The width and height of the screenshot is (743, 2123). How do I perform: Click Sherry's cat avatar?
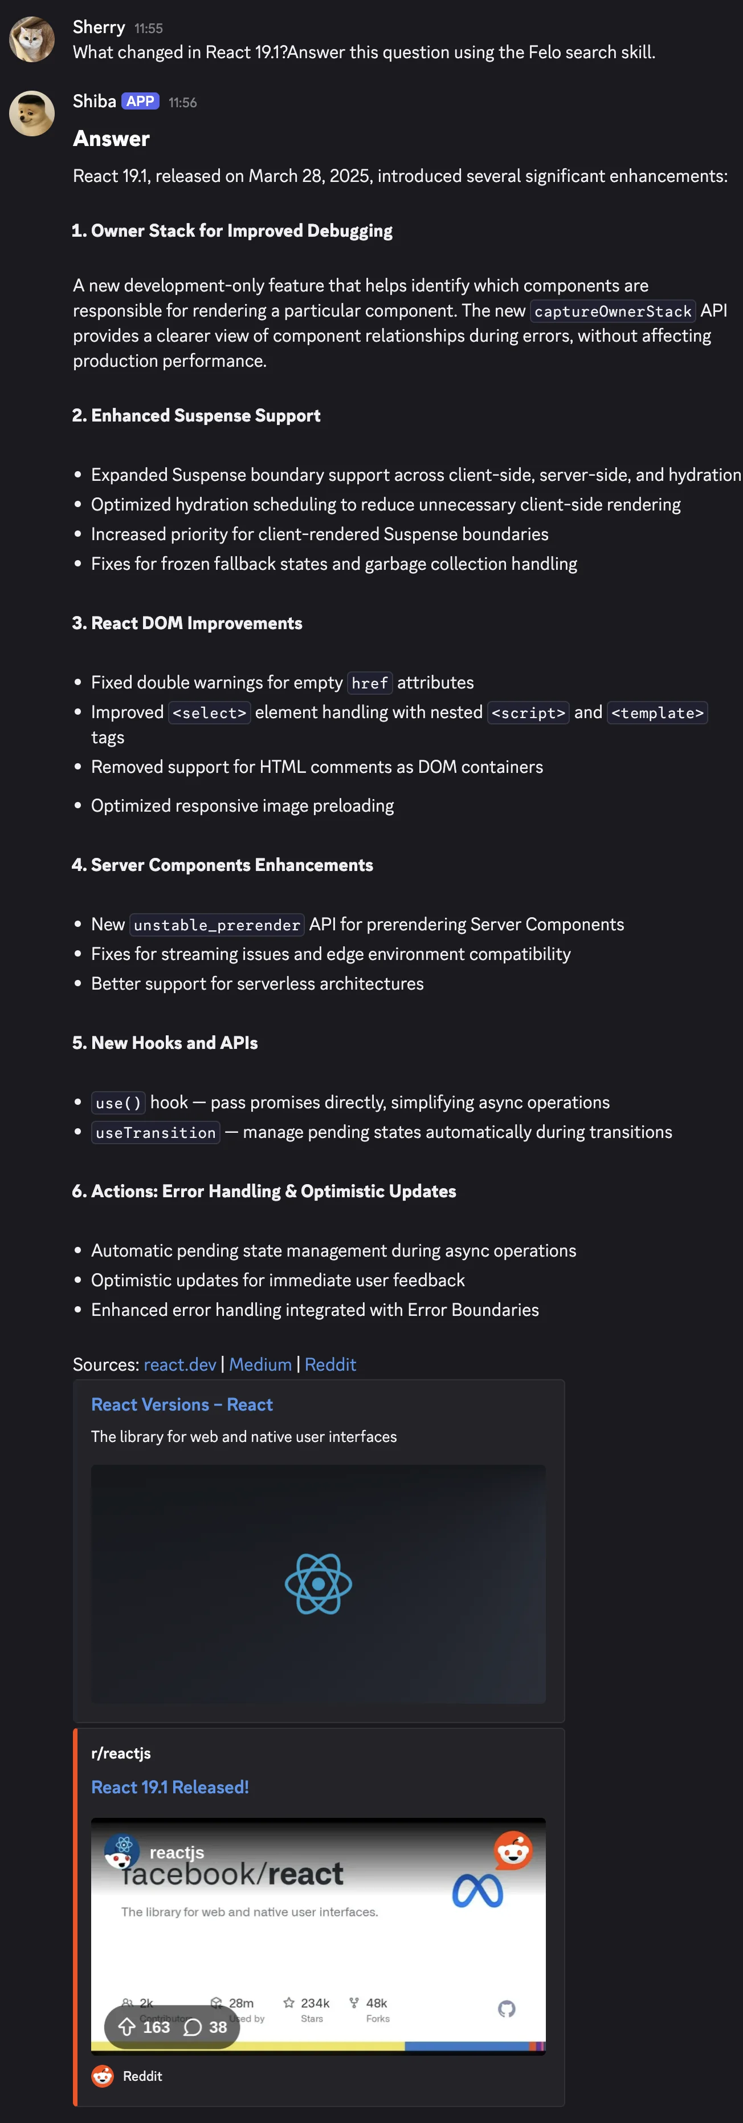click(x=31, y=39)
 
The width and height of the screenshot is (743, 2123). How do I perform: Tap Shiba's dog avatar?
click(x=31, y=113)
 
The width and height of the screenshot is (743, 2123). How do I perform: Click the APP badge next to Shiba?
click(x=140, y=102)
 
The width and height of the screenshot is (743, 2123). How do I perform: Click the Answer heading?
click(x=111, y=139)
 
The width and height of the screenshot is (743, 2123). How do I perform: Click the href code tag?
click(x=369, y=682)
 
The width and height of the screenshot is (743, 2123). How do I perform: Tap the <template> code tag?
click(x=658, y=712)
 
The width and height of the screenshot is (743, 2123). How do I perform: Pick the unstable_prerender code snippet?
click(x=217, y=925)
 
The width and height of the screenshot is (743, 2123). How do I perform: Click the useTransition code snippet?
click(x=156, y=1132)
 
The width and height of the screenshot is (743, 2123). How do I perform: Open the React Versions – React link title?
click(x=181, y=1404)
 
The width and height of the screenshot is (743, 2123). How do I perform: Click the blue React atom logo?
click(x=318, y=1583)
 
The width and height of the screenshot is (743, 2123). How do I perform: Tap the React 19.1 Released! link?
click(x=170, y=1786)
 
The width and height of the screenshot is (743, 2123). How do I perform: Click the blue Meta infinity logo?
click(x=477, y=1891)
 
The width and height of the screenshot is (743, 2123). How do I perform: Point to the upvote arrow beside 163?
click(x=127, y=2027)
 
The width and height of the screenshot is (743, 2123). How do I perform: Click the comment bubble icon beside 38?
click(x=192, y=2027)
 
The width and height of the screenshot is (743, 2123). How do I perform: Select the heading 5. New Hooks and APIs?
click(x=165, y=1043)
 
